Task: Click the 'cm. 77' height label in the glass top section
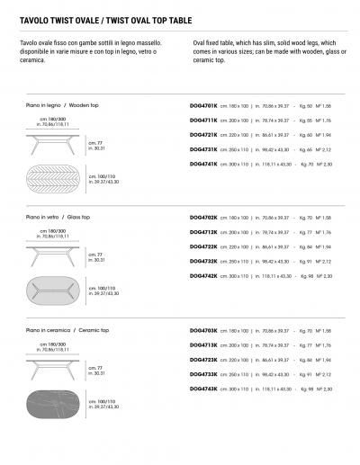[x=93, y=255]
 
